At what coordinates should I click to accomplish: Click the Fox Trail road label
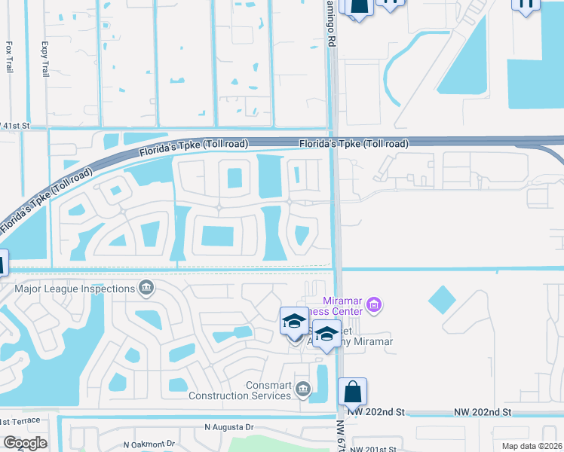point(9,56)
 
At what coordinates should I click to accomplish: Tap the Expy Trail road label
point(45,56)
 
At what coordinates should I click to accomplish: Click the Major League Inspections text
point(74,287)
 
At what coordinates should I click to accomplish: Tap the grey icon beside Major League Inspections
point(146,286)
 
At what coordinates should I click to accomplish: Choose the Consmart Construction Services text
point(240,389)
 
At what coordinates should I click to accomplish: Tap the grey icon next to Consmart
point(303,389)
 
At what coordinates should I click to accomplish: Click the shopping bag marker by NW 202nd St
point(352,392)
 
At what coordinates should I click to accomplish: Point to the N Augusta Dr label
point(234,426)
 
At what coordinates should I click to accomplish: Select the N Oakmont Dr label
point(149,444)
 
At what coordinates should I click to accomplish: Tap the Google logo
point(25,442)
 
